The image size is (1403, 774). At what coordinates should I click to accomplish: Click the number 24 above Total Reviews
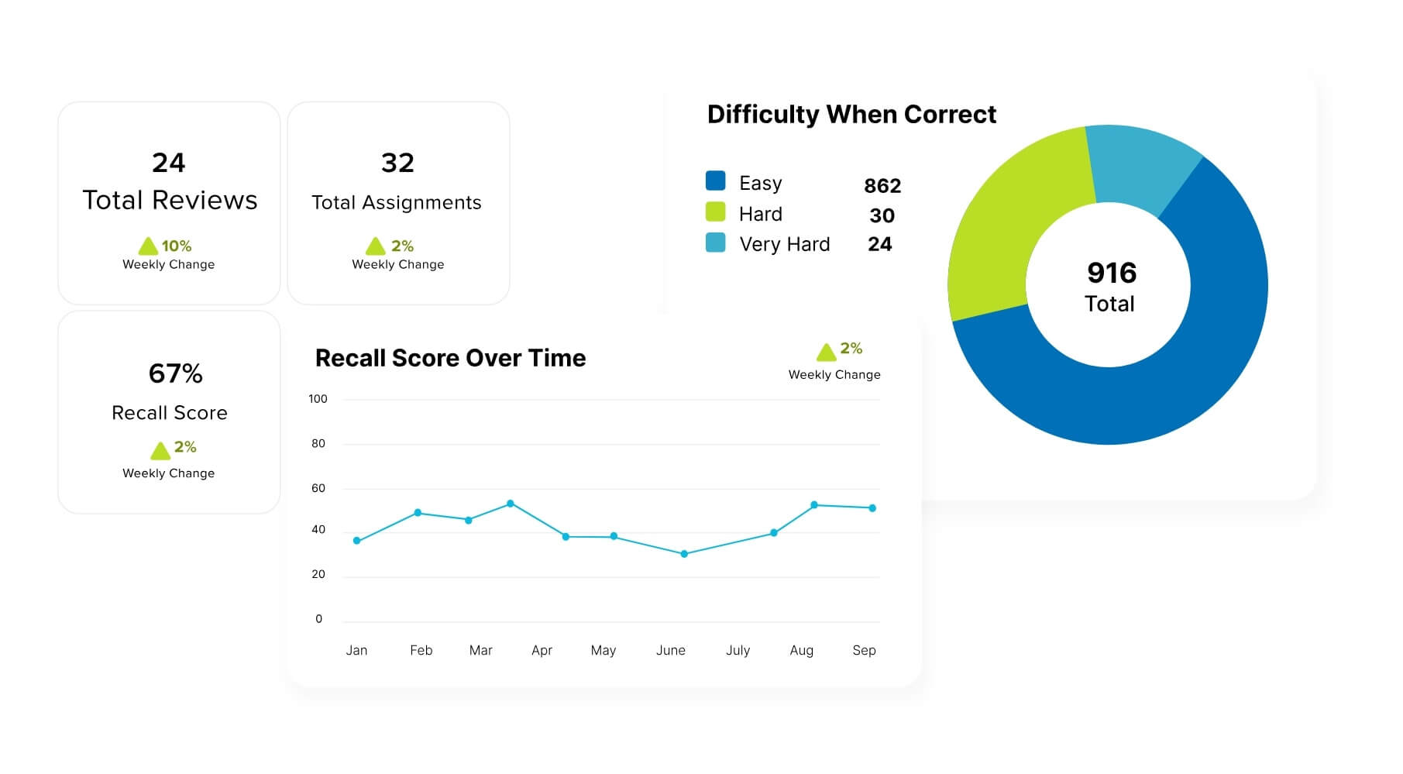168,163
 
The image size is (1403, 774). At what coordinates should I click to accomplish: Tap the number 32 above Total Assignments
397,163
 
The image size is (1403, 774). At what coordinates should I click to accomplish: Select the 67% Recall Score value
175,373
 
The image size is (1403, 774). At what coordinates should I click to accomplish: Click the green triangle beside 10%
148,246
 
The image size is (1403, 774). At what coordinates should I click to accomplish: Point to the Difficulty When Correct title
851,115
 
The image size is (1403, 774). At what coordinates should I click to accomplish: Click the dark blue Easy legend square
715,181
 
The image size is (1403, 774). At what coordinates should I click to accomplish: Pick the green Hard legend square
715,212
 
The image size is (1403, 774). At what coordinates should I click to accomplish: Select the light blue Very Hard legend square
715,243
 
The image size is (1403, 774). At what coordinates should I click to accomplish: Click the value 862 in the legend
882,186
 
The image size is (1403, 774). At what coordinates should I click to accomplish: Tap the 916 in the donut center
1111,273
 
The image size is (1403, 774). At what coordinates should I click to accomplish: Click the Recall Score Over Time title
450,358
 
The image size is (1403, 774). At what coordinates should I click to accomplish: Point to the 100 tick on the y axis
318,399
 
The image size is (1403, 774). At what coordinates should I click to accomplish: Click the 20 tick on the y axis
318,574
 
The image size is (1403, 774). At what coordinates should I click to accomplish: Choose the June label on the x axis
670,650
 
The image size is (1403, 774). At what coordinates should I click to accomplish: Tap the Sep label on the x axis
864,650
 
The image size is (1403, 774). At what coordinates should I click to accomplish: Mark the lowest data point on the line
684,554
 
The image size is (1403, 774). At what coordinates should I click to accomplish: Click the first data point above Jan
356,541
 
